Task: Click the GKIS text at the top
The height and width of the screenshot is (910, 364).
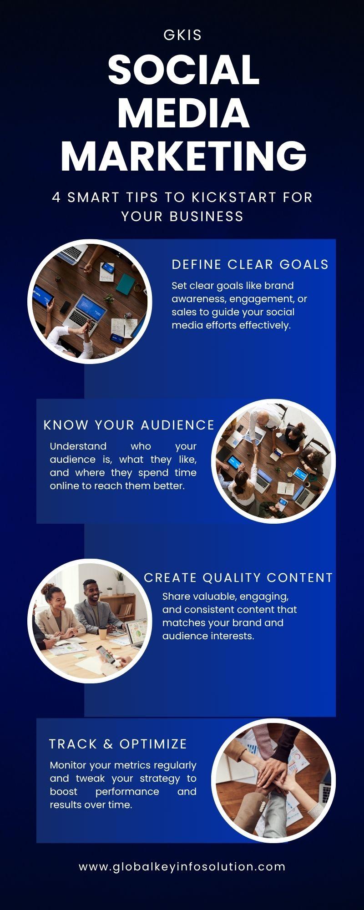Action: (x=182, y=35)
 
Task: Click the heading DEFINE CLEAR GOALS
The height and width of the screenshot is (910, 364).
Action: (x=250, y=264)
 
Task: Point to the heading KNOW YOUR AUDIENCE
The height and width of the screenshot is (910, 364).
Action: (x=129, y=425)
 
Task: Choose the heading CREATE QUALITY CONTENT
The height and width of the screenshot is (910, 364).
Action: (x=238, y=578)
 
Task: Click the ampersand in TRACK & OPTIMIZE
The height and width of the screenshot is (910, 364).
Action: (x=108, y=744)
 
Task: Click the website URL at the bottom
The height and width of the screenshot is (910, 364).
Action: (x=182, y=867)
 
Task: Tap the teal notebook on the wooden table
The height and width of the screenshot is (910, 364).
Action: (x=125, y=284)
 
